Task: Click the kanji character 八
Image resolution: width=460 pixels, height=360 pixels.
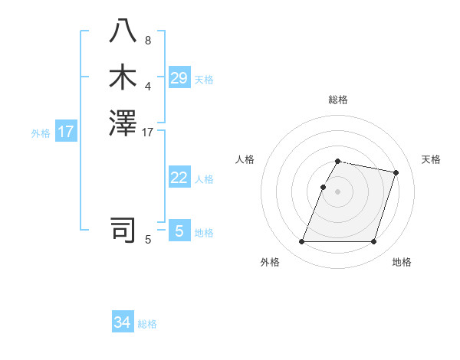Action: [123, 31]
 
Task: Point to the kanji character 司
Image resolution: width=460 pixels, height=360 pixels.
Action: [123, 229]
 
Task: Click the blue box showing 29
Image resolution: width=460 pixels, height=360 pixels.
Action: [179, 78]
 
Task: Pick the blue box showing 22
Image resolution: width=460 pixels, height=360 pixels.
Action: [179, 178]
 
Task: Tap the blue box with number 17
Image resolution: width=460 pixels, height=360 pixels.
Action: [66, 132]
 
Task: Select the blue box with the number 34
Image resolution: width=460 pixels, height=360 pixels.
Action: [123, 322]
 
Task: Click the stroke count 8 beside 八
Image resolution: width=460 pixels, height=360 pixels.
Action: [148, 41]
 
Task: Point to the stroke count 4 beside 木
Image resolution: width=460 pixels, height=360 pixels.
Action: [148, 86]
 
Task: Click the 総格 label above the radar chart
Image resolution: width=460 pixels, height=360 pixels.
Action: [337, 100]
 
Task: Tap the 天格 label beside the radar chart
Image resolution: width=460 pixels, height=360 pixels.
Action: [431, 159]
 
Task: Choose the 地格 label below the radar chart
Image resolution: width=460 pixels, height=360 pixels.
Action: [402, 263]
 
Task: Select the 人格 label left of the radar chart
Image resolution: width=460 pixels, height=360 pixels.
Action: [245, 159]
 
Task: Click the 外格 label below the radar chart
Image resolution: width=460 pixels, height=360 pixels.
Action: [270, 263]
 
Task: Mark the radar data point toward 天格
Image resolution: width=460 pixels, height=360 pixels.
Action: [396, 173]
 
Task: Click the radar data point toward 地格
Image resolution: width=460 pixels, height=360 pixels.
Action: [373, 242]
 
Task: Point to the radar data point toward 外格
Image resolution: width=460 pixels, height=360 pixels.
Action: [301, 242]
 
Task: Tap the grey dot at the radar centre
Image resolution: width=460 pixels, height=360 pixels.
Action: [337, 192]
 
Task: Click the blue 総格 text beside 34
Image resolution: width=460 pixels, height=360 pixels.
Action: [147, 324]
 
